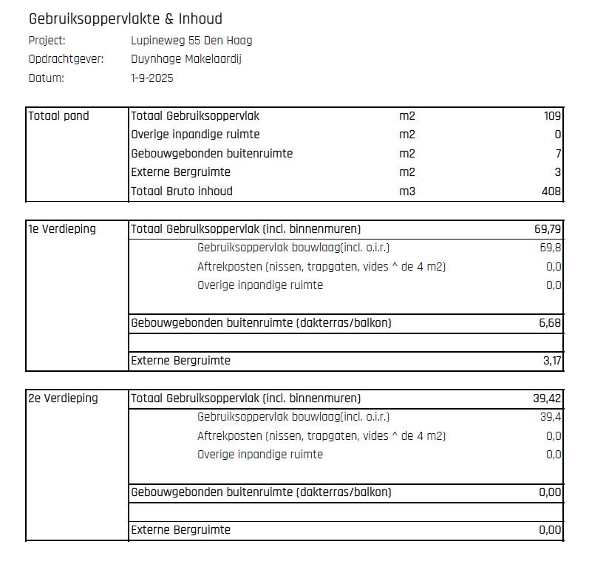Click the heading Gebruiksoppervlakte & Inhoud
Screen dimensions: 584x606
coord(125,19)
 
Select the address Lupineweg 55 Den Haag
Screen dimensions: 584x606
coord(191,41)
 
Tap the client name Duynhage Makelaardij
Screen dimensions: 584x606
coord(186,59)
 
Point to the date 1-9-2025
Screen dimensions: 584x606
coord(152,78)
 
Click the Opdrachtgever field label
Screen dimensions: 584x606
coord(66,59)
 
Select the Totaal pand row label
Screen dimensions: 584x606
coord(58,116)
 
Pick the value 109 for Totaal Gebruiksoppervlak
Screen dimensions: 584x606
coord(551,116)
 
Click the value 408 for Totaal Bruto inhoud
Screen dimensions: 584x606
coord(551,191)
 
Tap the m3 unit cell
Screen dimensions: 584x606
coord(407,191)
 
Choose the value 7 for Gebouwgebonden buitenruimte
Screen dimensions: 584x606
coord(558,154)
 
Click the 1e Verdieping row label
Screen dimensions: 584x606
coord(62,229)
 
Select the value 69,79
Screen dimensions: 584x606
coord(548,229)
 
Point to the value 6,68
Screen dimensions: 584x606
coord(549,323)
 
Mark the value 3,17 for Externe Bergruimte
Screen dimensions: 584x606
coord(549,361)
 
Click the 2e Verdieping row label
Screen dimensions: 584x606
coord(63,398)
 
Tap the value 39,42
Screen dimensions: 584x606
coord(548,398)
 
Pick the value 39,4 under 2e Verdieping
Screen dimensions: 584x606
coord(551,417)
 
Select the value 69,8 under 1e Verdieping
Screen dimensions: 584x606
coord(551,248)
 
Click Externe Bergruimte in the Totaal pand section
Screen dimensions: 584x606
coord(180,172)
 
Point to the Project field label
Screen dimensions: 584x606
coord(47,41)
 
